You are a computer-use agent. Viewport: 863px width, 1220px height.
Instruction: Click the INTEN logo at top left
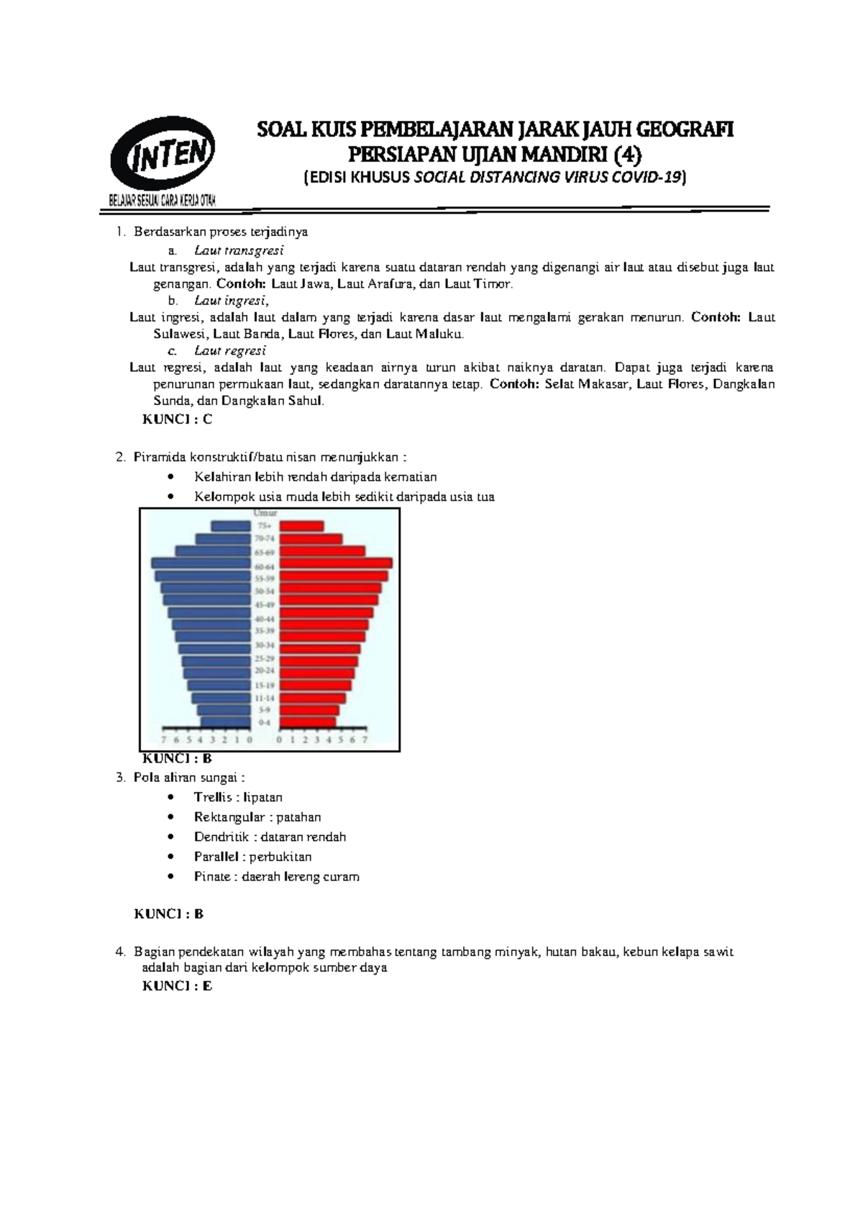click(163, 157)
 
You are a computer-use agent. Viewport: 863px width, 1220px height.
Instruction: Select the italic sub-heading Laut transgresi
click(239, 250)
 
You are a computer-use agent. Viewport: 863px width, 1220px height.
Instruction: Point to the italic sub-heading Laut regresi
click(230, 350)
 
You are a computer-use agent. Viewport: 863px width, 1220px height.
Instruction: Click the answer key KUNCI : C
click(177, 419)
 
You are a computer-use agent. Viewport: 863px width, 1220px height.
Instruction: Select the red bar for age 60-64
click(336, 563)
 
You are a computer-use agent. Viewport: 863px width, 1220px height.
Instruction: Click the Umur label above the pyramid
click(265, 513)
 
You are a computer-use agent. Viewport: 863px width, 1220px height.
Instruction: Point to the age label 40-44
click(265, 619)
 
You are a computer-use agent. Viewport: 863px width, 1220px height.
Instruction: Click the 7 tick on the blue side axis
click(165, 739)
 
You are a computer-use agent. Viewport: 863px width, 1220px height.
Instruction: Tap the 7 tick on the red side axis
click(365, 739)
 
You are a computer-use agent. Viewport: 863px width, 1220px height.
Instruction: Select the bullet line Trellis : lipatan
click(238, 797)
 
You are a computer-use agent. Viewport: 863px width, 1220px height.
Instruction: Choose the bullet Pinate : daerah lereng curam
click(276, 876)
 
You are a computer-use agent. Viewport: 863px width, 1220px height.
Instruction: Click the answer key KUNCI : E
click(177, 985)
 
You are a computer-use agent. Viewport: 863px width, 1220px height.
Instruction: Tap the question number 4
click(119, 952)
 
